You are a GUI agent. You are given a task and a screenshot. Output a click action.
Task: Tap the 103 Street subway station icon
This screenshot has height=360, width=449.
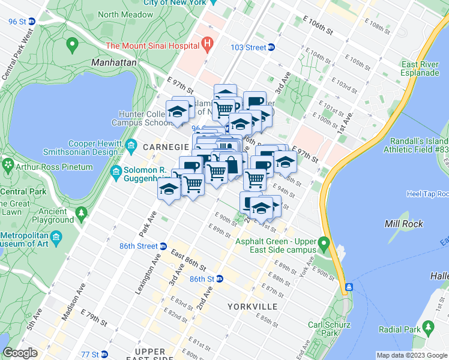pyautogui.click(x=271, y=47)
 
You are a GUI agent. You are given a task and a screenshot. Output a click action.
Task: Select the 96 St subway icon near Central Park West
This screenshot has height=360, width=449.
pyautogui.click(x=32, y=21)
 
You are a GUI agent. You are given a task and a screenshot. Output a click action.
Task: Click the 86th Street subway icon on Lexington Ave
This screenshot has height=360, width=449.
pyautogui.click(x=163, y=246)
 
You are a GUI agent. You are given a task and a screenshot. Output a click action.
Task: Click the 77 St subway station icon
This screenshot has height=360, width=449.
pyautogui.click(x=104, y=354)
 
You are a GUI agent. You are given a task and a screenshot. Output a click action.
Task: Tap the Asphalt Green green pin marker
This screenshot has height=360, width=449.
pyautogui.click(x=324, y=244)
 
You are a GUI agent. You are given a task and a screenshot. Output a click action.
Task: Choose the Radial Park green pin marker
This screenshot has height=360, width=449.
pyautogui.click(x=428, y=328)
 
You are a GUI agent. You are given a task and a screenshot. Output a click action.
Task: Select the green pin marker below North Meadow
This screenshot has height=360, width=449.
pyautogui.click(x=73, y=43)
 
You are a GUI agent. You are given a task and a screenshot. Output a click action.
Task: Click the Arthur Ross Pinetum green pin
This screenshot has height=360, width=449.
pyautogui.click(x=8, y=164)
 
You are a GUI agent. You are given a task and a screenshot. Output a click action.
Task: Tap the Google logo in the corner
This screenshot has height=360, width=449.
pyautogui.click(x=20, y=353)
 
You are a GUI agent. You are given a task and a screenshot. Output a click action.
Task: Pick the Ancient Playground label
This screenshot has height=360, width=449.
pyautogui.click(x=53, y=215)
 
